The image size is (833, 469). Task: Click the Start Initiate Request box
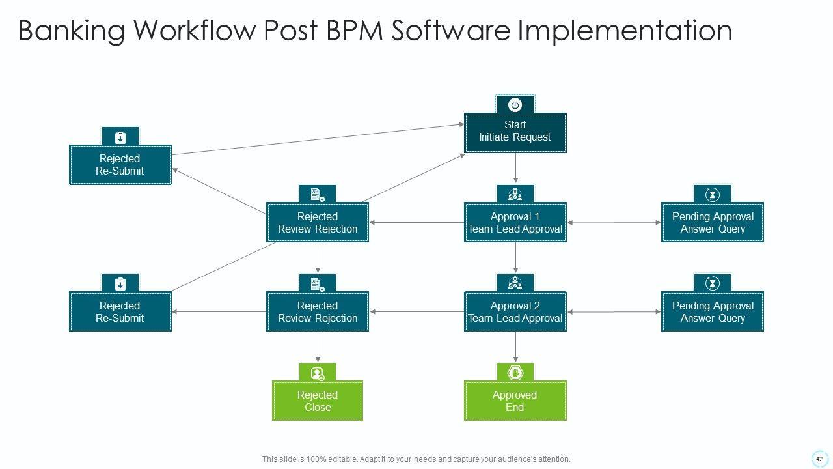click(515, 133)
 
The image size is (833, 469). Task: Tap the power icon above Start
click(515, 105)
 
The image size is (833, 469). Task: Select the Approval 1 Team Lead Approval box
click(515, 222)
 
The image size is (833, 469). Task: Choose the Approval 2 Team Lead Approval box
click(515, 311)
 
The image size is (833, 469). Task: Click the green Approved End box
click(515, 401)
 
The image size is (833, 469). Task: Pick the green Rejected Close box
click(318, 401)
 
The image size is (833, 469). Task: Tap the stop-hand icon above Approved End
click(515, 373)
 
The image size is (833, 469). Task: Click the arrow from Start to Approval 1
click(515, 168)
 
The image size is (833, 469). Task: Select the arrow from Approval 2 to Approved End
click(515, 347)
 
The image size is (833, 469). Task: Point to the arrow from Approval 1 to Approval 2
click(515, 257)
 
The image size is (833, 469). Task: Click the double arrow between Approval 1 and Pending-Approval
click(614, 223)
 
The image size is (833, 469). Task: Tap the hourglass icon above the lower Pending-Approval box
click(713, 283)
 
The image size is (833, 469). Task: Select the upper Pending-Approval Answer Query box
click(713, 222)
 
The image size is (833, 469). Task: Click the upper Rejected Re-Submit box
click(120, 165)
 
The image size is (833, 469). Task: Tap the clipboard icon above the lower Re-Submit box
click(120, 284)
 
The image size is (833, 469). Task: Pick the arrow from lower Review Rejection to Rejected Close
click(318, 347)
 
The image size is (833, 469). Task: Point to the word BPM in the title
click(355, 30)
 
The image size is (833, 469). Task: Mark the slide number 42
click(819, 459)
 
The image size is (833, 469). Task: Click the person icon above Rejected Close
click(318, 373)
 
